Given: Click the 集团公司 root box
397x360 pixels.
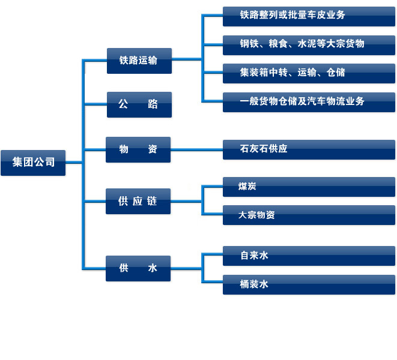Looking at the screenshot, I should pos(33,162).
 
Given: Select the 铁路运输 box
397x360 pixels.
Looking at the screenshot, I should pos(139,61).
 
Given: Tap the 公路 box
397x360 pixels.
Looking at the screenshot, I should pos(139,104).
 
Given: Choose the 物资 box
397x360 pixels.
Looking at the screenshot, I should pos(138,149).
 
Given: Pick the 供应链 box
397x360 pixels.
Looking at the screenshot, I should pos(138,201).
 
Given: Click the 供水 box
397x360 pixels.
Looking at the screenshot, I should pos(138,268).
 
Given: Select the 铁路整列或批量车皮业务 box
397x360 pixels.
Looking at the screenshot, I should pos(309,16).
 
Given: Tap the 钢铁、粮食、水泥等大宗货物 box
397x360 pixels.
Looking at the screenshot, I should pos(309,44).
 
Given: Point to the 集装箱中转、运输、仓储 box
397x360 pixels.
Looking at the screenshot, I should pos(309,73).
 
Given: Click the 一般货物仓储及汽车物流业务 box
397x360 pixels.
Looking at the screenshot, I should pos(309,101).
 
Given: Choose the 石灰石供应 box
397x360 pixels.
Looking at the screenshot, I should pos(309,149).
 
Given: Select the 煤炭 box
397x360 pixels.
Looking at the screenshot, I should pos(309,187).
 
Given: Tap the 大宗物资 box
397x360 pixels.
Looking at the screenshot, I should pos(309,215).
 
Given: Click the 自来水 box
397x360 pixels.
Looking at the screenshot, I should pos(309,256).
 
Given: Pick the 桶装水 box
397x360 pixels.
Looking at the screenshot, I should pos(309,284).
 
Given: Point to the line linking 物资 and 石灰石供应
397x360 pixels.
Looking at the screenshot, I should pos(196,149).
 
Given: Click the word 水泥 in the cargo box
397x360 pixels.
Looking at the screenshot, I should pos(306,44).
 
